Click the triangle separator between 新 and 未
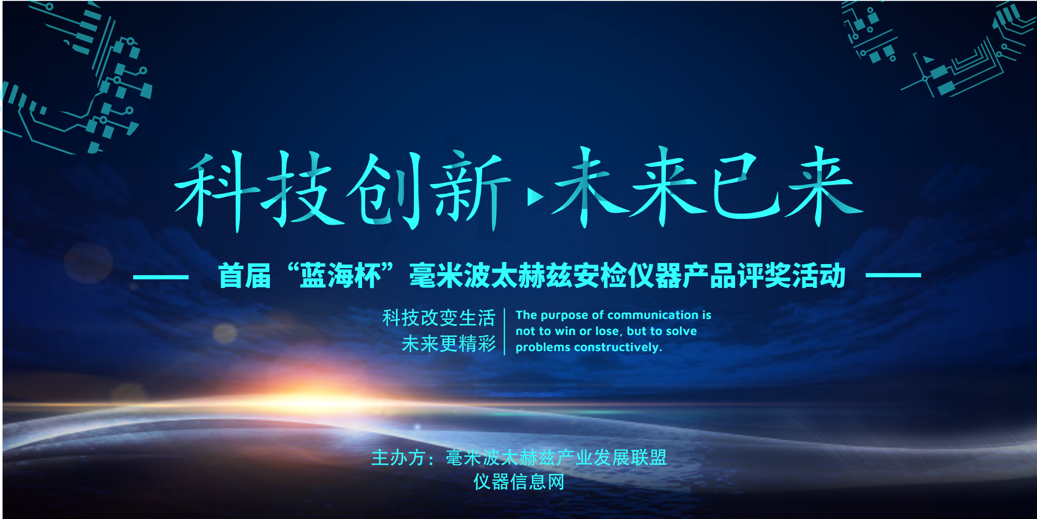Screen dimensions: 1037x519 [x=535, y=197]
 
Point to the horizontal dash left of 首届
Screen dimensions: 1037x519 [x=161, y=277]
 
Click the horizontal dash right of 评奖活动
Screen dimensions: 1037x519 [x=893, y=276]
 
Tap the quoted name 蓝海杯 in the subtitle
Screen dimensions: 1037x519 [x=340, y=276]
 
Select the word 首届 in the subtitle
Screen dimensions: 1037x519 [x=245, y=276]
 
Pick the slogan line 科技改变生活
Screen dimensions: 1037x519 [x=438, y=318]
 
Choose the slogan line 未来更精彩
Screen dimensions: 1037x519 [x=448, y=344]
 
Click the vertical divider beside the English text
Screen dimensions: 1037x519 [x=505, y=331]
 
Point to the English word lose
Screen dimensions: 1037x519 [x=607, y=331]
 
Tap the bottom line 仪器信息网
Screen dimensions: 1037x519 [x=519, y=481]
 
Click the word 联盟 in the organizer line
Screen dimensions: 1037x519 [x=649, y=458]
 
